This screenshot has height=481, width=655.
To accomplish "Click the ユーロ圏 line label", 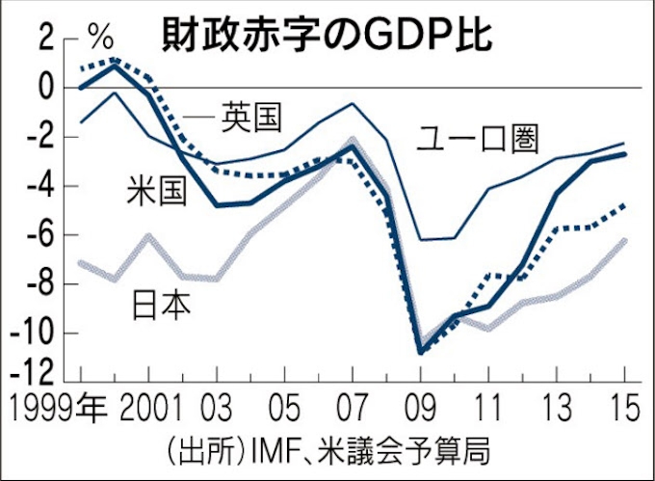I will click(478, 139).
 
